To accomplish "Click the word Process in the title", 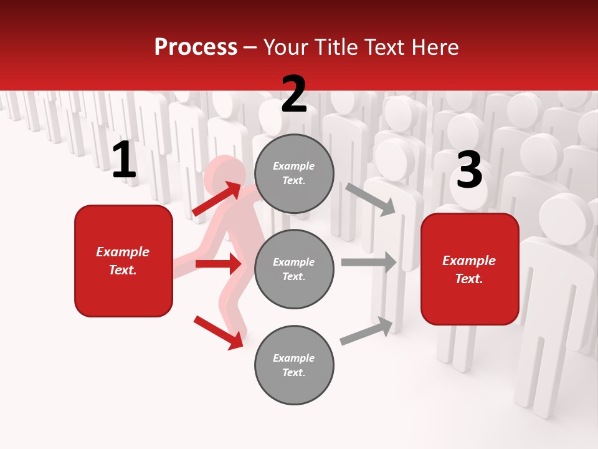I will (196, 47).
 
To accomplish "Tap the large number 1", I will (124, 160).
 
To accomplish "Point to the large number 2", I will (294, 94).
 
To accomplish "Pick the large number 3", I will (469, 170).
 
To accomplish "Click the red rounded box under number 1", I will (123, 261).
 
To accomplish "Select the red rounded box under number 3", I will (470, 269).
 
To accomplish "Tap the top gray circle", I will (294, 173).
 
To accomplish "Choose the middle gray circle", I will (294, 269).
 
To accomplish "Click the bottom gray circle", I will (294, 365).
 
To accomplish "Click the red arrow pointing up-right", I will (217, 198).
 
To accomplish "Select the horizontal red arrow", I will (218, 264).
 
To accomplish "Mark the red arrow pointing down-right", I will (218, 332).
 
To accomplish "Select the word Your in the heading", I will (286, 47).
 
